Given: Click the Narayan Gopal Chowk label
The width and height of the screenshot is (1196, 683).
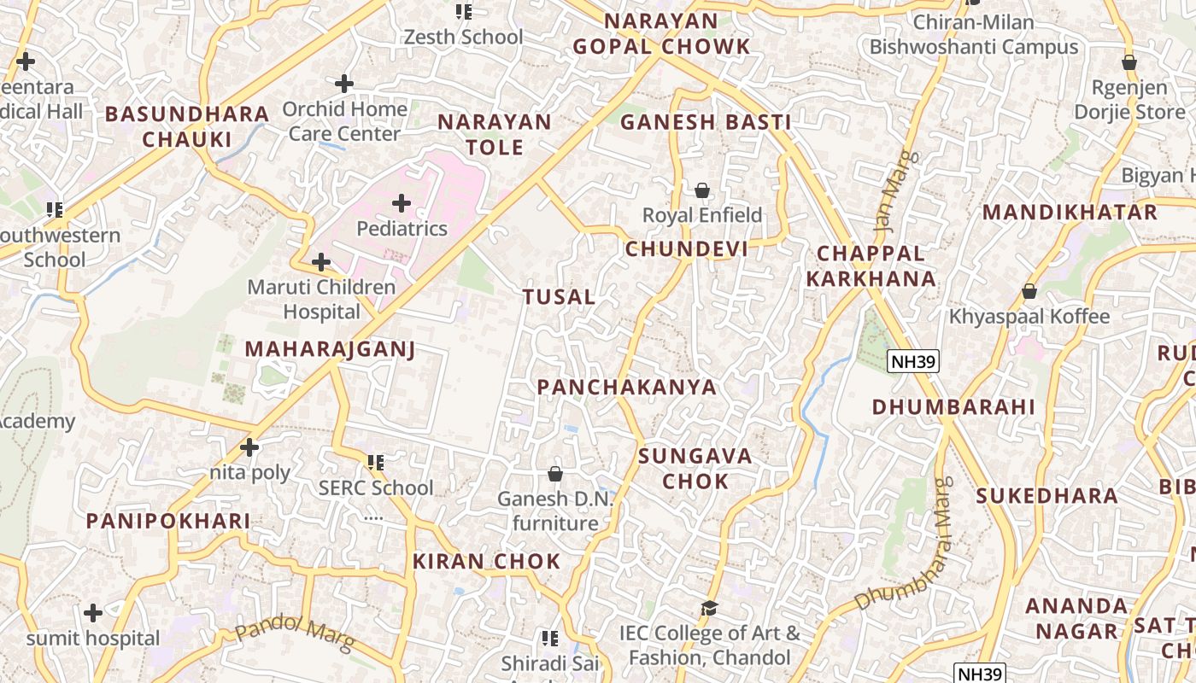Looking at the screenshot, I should (661, 33).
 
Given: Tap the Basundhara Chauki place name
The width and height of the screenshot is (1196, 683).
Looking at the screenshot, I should (187, 126).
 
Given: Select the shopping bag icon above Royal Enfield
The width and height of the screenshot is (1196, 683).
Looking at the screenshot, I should (701, 190).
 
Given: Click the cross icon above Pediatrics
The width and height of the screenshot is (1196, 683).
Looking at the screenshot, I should (402, 203).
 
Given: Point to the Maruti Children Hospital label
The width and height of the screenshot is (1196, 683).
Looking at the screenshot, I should (321, 299).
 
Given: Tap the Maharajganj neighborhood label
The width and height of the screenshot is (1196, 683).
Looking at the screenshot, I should (330, 348).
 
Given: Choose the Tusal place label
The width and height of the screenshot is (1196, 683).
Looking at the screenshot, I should (559, 297).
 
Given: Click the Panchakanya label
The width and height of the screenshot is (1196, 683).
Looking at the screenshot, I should (627, 387).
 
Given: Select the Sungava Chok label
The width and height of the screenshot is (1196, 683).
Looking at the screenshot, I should (695, 468).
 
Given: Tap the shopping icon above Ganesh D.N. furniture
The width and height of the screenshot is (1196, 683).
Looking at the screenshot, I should (555, 473).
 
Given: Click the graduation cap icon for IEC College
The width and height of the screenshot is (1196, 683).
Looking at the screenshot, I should (709, 608).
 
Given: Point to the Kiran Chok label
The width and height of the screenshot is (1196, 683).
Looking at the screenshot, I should (487, 561).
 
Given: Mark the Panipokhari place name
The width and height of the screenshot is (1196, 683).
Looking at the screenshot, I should (168, 521).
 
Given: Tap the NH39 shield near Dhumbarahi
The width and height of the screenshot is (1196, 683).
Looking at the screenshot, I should (912, 361).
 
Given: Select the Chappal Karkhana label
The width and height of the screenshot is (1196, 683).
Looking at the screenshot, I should (871, 266).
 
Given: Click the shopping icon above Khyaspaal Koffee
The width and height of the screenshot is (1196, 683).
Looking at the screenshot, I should (1029, 291).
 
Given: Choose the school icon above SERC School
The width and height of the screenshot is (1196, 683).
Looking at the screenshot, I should (375, 463).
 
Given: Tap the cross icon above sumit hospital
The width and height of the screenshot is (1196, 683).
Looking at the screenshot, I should (93, 613).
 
